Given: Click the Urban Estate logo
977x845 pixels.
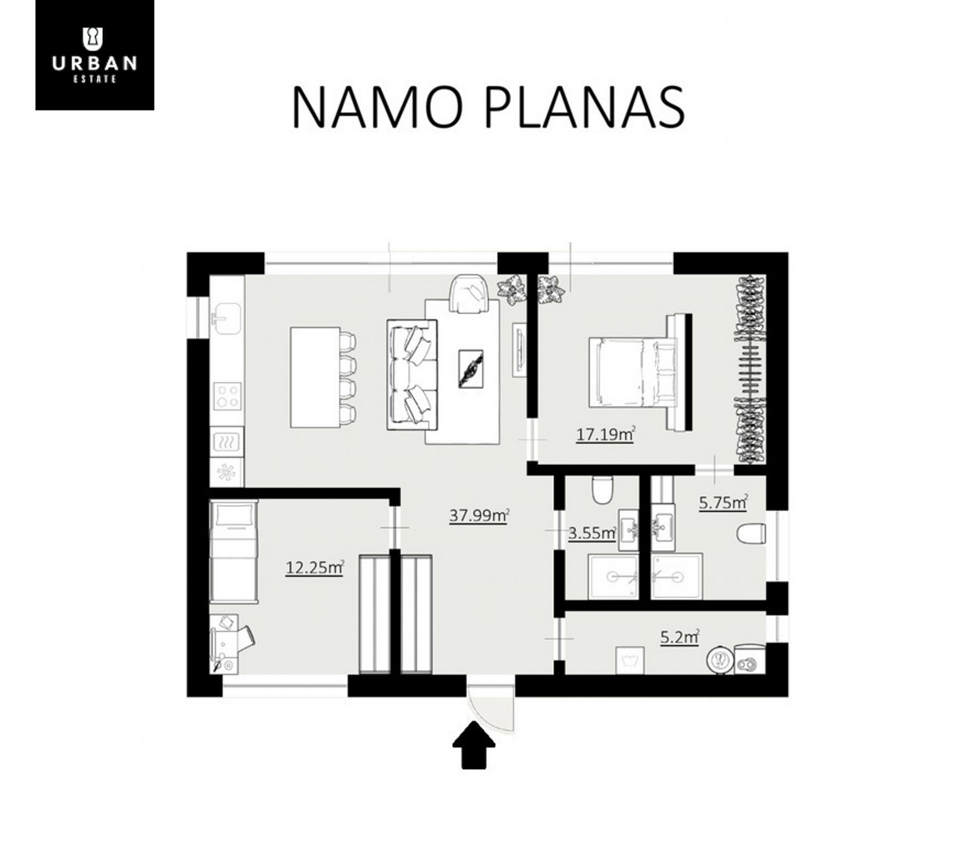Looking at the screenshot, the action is [95, 55].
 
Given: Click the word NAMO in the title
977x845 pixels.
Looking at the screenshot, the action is [377, 107].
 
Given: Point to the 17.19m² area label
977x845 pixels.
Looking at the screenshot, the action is [605, 435].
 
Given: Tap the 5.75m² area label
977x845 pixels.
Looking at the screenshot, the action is [723, 502].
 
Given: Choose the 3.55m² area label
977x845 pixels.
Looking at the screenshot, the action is [591, 533].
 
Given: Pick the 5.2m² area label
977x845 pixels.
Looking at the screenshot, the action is [679, 637].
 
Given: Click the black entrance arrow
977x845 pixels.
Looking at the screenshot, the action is [474, 748].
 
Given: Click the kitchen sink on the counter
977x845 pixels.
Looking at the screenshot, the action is [226, 319].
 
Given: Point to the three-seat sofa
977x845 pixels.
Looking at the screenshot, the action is [412, 374].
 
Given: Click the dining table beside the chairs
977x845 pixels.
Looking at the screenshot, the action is [315, 377].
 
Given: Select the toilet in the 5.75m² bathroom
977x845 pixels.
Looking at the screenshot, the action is [751, 533].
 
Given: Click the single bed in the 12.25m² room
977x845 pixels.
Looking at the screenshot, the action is [233, 551].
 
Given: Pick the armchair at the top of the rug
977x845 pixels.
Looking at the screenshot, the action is [468, 294].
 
